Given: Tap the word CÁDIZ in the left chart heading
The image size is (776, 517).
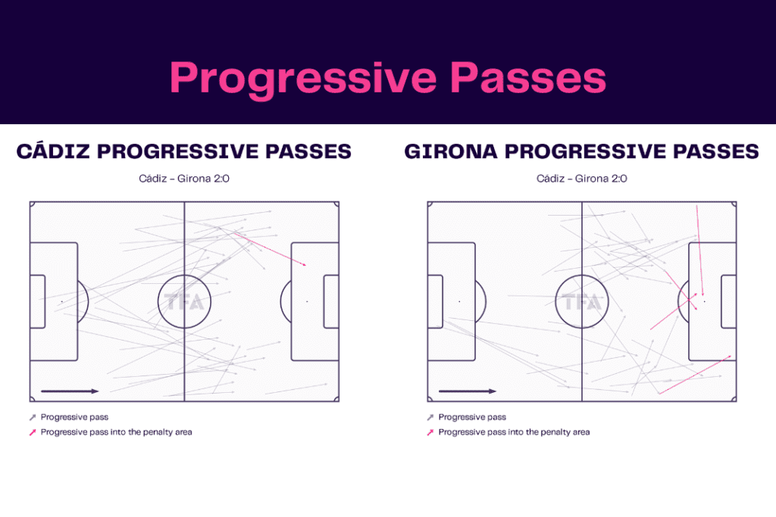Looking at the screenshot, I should pyautogui.click(x=54, y=151).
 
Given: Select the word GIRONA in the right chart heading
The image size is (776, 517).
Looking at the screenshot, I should pyautogui.click(x=451, y=151).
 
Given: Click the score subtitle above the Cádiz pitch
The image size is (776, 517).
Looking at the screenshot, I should pyautogui.click(x=184, y=179).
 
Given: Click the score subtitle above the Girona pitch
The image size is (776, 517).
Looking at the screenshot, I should pyautogui.click(x=581, y=179).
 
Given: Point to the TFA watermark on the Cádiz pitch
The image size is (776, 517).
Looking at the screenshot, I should pyautogui.click(x=184, y=303).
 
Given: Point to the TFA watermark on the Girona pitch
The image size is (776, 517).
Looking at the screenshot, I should pyautogui.click(x=581, y=303).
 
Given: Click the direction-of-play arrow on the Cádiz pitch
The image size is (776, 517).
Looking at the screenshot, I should pyautogui.click(x=70, y=391).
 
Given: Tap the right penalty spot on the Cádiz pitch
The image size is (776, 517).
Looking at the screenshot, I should pyautogui.click(x=307, y=301).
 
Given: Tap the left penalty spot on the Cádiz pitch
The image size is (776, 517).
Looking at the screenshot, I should pyautogui.click(x=61, y=301).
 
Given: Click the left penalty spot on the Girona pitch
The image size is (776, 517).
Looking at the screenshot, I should pyautogui.click(x=458, y=301).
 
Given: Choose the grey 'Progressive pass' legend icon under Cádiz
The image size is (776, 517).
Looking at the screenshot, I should pyautogui.click(x=33, y=417).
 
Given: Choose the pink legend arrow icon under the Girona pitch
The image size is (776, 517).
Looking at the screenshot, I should pyautogui.click(x=430, y=432).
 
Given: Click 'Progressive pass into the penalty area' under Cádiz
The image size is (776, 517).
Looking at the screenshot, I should pyautogui.click(x=116, y=432).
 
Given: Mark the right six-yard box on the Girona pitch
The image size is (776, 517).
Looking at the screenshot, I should pyautogui.click(x=728, y=301).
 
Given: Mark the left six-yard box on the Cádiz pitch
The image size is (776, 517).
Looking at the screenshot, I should pyautogui.click(x=37, y=301).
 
